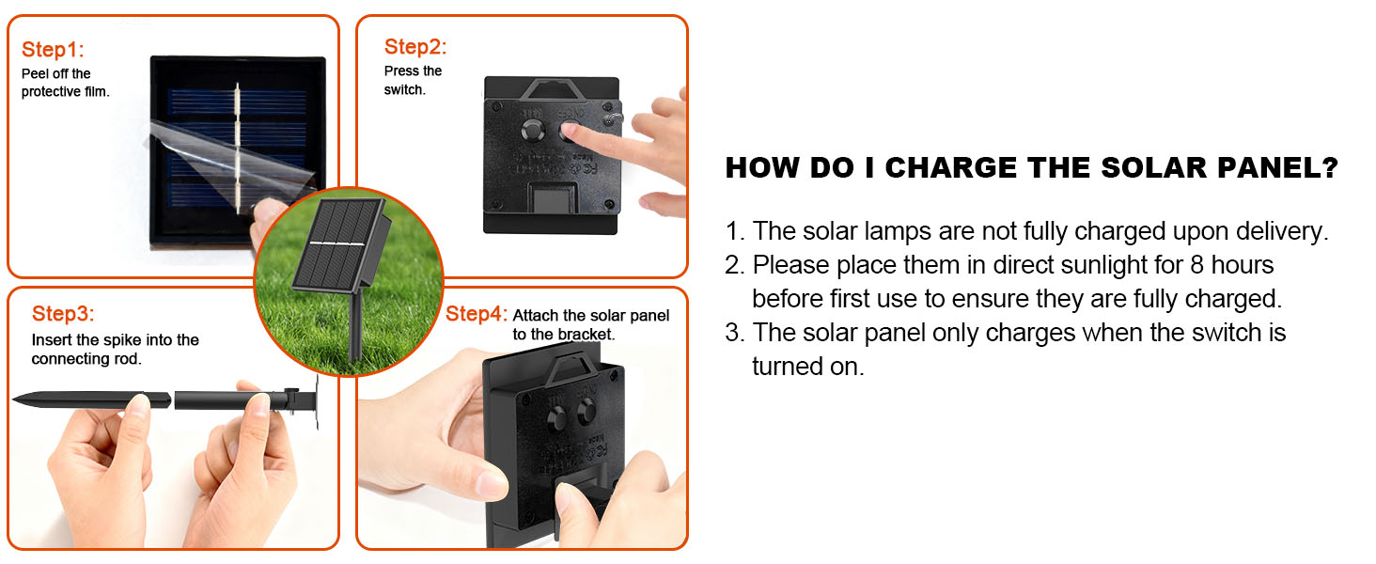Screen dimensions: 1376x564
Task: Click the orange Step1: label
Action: click(x=53, y=50)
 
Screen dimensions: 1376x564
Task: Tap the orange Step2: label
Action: click(x=415, y=47)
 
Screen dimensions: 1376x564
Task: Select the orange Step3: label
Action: click(x=63, y=314)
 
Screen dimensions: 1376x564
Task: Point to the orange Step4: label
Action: click(x=477, y=314)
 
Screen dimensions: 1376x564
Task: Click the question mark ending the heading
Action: click(x=1330, y=167)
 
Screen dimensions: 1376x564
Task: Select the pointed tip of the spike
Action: click(x=14, y=399)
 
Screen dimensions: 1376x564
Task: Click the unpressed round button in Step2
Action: click(x=532, y=131)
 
